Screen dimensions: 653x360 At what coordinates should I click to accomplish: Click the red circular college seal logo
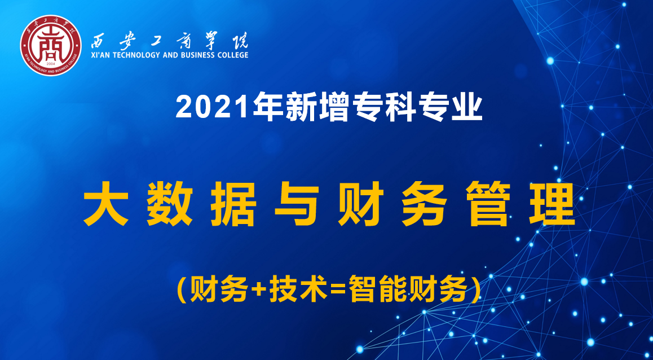point(51,45)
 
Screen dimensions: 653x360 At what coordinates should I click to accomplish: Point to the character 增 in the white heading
point(334,108)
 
